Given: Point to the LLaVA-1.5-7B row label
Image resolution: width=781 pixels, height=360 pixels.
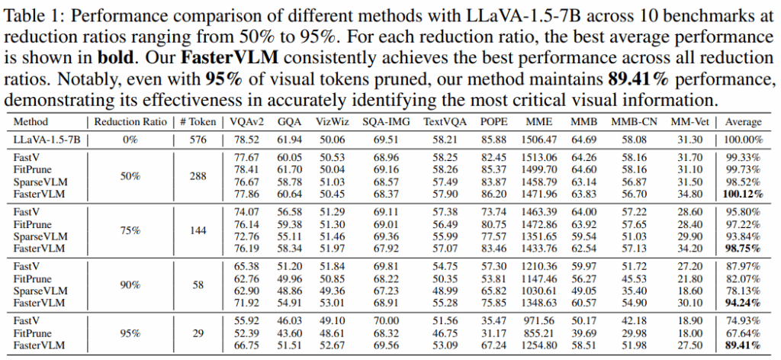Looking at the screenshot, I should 45,138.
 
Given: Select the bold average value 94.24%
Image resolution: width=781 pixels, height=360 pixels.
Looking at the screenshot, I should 743,303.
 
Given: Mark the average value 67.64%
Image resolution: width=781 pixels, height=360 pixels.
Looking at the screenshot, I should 743,334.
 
